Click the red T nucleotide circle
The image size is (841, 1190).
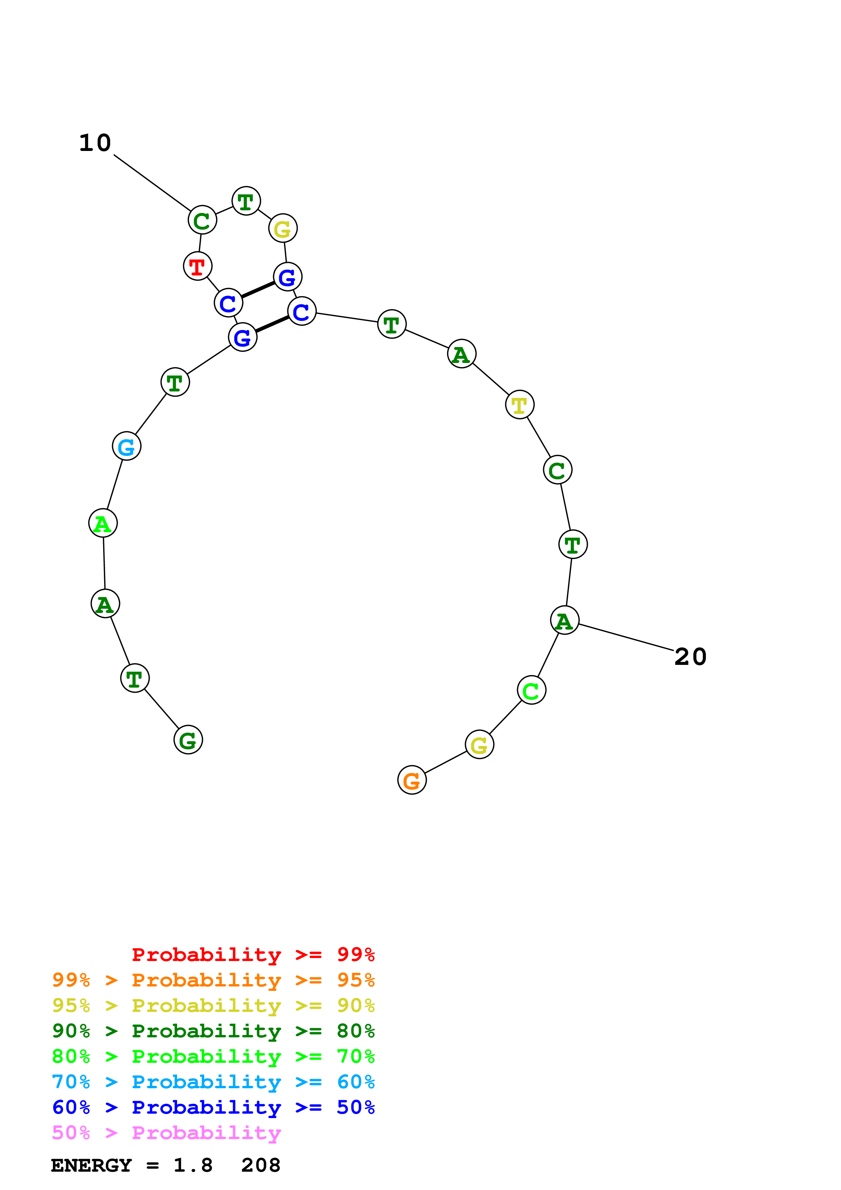click(197, 266)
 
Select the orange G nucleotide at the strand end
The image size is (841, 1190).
click(412, 780)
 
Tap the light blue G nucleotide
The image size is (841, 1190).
click(127, 446)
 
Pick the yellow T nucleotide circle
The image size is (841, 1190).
click(519, 405)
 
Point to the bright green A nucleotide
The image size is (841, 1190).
click(103, 523)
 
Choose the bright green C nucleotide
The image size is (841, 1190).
click(531, 690)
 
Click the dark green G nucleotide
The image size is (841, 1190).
click(188, 740)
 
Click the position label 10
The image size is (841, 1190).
click(95, 143)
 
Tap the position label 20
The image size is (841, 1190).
click(690, 657)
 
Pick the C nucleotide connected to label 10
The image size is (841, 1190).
click(202, 220)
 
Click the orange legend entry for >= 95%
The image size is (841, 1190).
click(213, 980)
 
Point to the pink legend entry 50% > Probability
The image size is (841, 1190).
click(166, 1133)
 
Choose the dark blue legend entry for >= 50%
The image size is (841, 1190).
click(213, 1108)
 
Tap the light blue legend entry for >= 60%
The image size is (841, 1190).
click(213, 1082)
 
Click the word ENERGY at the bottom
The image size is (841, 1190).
click(91, 1166)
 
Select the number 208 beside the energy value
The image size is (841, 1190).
click(261, 1166)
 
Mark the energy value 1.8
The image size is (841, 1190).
click(193, 1166)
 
